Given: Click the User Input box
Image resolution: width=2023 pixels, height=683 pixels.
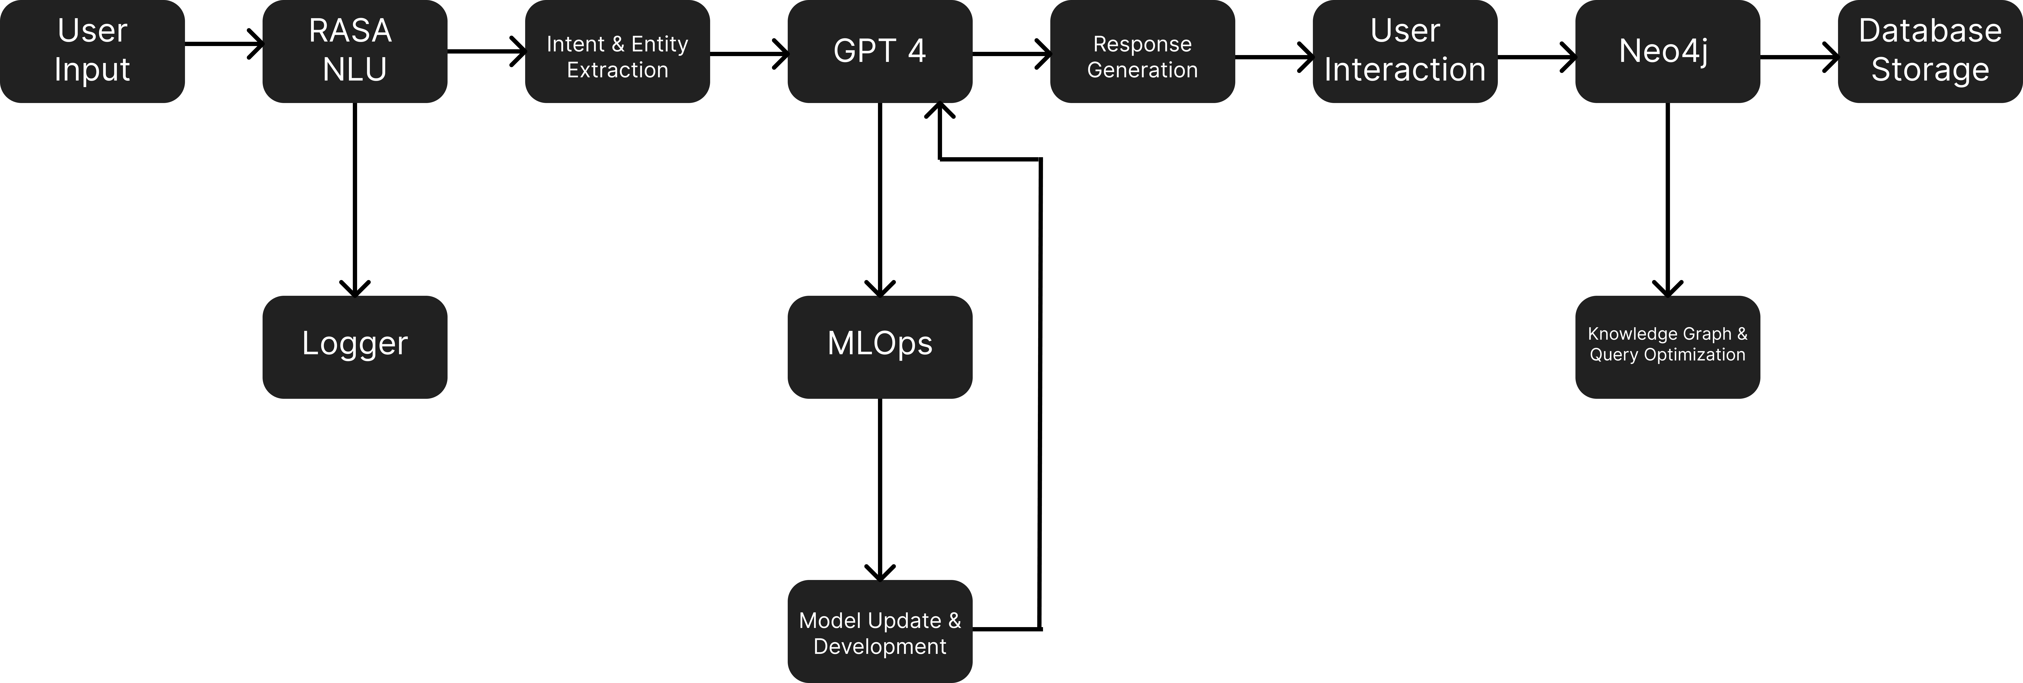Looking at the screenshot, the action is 92,51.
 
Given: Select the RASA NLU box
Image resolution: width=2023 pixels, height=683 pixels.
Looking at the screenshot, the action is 355,51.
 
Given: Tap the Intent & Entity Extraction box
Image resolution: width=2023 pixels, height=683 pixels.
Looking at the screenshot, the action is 617,51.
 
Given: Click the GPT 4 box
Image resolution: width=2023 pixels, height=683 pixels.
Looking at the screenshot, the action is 879,51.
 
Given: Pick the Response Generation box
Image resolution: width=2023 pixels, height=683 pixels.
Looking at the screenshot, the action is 1143,51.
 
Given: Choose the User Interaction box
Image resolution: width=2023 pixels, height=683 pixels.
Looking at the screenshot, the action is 1405,51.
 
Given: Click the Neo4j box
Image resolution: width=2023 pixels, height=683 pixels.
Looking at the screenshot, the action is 1667,51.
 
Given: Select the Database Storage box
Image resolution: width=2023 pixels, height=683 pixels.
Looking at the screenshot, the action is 1930,51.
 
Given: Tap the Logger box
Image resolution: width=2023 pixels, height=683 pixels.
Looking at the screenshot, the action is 355,347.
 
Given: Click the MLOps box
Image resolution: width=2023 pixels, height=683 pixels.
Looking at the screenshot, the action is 879,347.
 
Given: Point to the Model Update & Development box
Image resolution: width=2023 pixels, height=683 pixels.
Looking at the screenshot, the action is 879,631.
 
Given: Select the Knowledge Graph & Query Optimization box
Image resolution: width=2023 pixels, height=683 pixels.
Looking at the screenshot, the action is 1667,347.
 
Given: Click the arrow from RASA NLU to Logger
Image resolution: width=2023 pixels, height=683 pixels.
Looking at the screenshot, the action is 355,199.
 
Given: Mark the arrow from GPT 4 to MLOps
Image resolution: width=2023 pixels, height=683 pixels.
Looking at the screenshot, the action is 879,199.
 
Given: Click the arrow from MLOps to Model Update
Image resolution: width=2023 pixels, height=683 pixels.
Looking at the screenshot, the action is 879,489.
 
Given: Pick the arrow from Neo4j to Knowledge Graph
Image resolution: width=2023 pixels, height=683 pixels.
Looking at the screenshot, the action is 1667,199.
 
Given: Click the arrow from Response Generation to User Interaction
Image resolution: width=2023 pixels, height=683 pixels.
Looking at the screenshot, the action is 1274,57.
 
